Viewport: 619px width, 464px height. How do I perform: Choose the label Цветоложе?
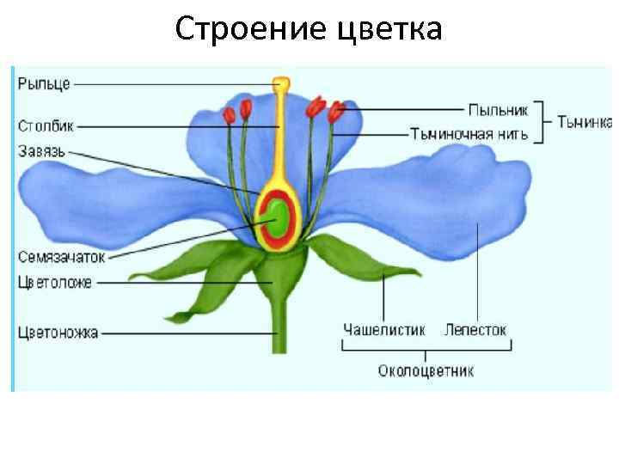[x=54, y=281]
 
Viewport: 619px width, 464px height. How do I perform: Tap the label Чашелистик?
[x=383, y=329]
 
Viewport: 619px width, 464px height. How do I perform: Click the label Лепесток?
[x=475, y=329]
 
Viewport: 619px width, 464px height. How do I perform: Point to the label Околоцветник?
[x=426, y=371]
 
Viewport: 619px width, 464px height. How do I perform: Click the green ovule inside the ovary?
[x=279, y=217]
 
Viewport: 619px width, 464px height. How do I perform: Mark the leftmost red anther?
[x=229, y=114]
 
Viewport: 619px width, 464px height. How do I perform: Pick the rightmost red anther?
[x=336, y=111]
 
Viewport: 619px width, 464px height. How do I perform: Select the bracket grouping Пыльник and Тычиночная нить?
[x=542, y=121]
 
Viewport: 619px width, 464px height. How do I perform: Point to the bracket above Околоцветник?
[x=426, y=348]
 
